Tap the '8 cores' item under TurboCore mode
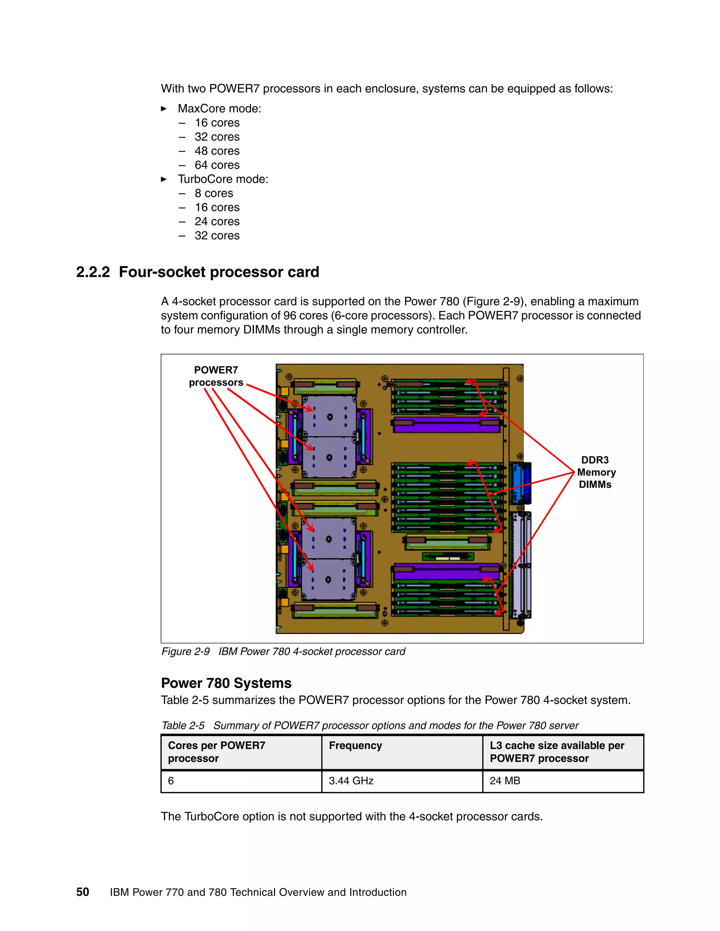(x=214, y=193)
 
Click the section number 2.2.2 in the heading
(x=92, y=272)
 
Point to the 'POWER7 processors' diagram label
(x=216, y=376)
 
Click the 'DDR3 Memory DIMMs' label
(x=596, y=472)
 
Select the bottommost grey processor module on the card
(x=328, y=579)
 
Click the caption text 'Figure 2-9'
(x=186, y=651)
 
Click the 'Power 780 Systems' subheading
(x=226, y=683)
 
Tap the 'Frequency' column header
(x=355, y=745)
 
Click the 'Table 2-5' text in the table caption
(x=183, y=725)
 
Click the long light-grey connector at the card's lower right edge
(x=521, y=565)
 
